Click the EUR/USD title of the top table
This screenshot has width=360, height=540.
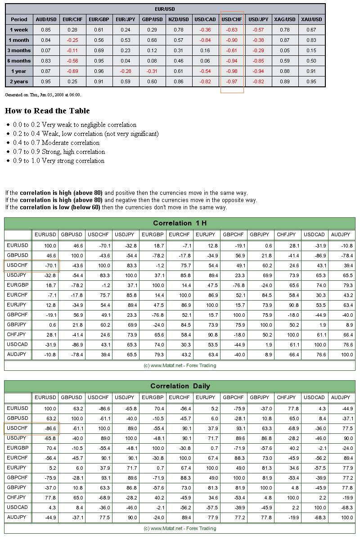[165, 9]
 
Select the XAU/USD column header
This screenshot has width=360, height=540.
[311, 19]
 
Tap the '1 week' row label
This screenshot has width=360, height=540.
[19, 30]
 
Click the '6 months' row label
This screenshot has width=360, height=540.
[19, 61]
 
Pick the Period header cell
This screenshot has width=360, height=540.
[19, 19]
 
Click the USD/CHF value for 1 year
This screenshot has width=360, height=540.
[232, 71]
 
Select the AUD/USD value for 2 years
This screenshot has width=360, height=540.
[46, 81]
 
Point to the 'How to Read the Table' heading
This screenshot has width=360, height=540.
[47, 111]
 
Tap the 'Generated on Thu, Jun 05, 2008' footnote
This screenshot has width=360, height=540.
[43, 95]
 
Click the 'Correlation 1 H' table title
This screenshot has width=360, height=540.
[180, 223]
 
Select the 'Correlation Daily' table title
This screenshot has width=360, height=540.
[180, 386]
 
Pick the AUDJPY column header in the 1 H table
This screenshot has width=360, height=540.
[340, 234]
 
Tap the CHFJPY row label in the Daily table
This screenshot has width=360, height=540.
[17, 497]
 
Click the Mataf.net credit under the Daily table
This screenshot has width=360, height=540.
[180, 528]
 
